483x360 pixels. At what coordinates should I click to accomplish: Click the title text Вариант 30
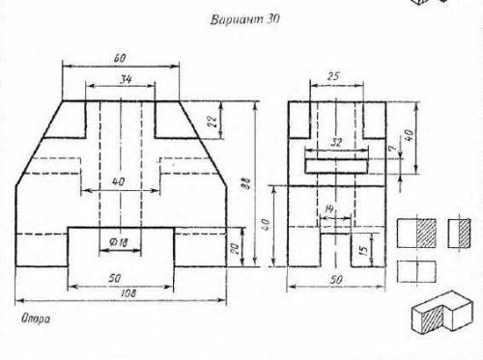pos(244,19)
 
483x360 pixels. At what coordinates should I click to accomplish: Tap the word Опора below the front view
pos(36,318)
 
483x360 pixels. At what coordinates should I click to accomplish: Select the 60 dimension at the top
pos(120,58)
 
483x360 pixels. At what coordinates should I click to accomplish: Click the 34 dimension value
pos(126,79)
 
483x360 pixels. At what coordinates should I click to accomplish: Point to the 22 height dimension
pos(213,121)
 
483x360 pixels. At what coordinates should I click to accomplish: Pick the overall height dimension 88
pos(246,182)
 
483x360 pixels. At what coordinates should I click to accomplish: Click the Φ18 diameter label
pos(119,242)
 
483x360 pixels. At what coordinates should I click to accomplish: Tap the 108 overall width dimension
pos(128,293)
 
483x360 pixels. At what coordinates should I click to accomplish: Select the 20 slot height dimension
pos(235,248)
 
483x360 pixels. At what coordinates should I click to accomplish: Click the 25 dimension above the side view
pos(333,76)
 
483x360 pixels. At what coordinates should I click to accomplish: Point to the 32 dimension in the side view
pos(336,142)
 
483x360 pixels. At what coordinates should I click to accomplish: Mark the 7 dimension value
pos(391,149)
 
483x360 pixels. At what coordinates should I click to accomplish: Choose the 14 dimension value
pos(328,209)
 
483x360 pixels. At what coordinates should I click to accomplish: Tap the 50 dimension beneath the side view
pos(336,280)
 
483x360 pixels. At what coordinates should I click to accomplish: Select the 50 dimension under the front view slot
pos(115,278)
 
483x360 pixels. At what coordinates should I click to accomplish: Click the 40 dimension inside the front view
pos(118,181)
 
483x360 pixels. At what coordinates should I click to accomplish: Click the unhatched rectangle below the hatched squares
pos(416,271)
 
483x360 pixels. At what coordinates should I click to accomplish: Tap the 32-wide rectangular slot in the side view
pos(336,166)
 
